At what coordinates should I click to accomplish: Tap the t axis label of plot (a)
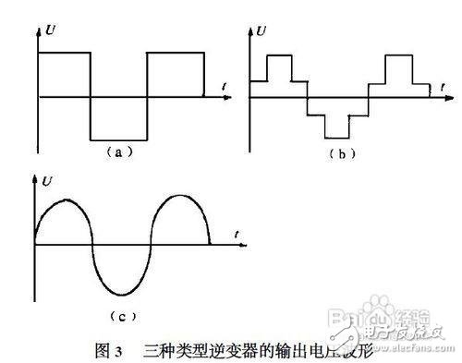tap(225, 86)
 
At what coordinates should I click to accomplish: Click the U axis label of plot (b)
tap(263, 30)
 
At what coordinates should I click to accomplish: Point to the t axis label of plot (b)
tap(444, 86)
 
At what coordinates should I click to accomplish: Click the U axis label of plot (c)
tap(48, 173)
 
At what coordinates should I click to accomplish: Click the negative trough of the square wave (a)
tap(118, 139)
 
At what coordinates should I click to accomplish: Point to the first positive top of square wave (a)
tap(64, 53)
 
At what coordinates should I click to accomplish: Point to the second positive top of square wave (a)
tap(175, 53)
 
